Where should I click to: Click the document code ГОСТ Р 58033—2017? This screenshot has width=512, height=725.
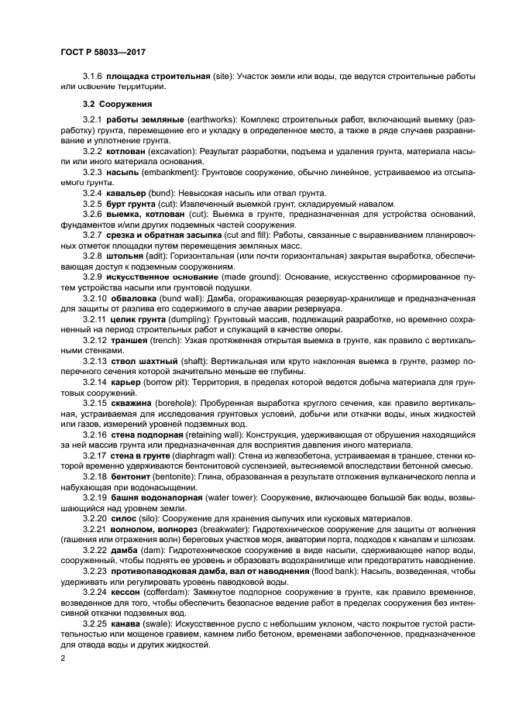pos(102,52)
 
